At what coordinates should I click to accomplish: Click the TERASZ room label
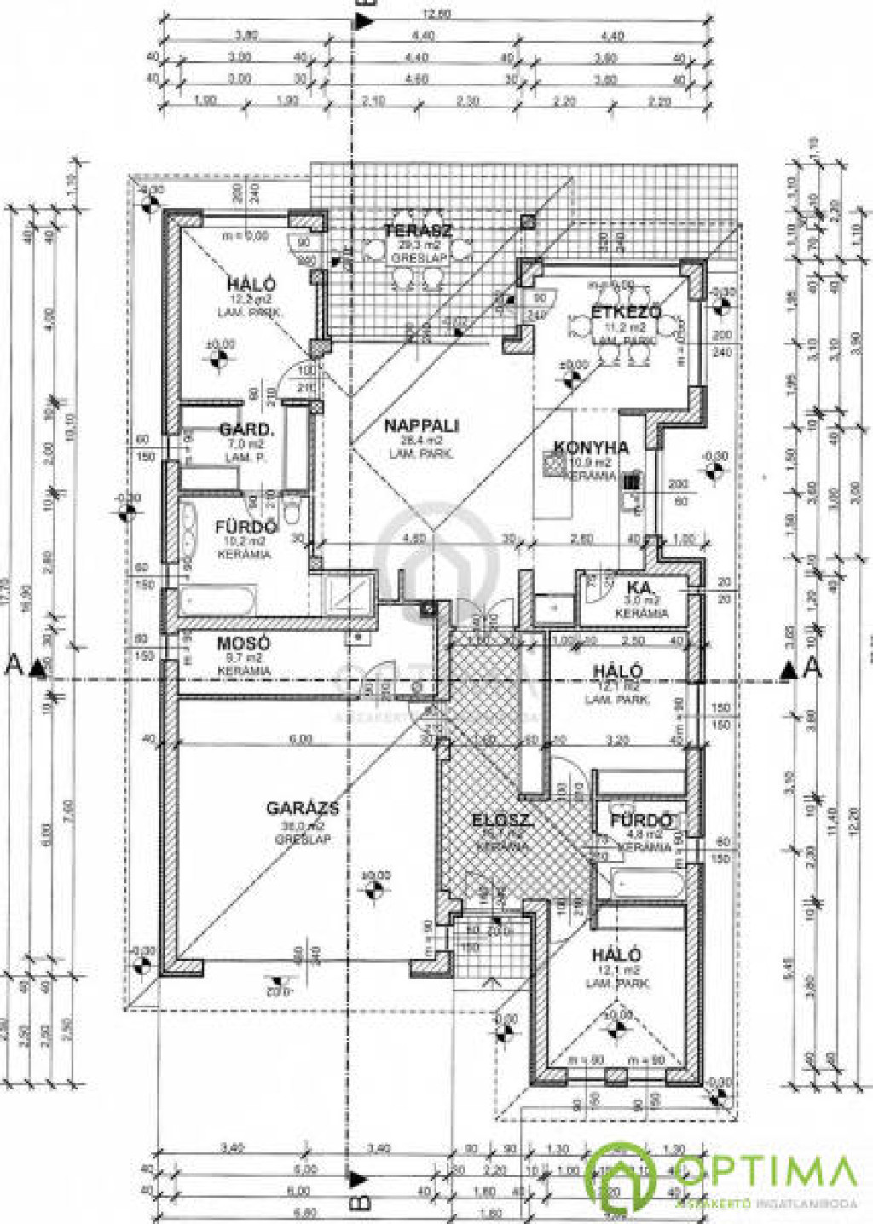click(x=418, y=230)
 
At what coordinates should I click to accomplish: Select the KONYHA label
click(x=591, y=447)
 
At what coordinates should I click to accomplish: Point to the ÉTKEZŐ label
click(x=627, y=312)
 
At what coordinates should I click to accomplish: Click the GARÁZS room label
click(x=302, y=807)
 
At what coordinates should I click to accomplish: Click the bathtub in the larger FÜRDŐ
click(x=217, y=600)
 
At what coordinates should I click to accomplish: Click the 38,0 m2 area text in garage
click(x=303, y=826)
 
